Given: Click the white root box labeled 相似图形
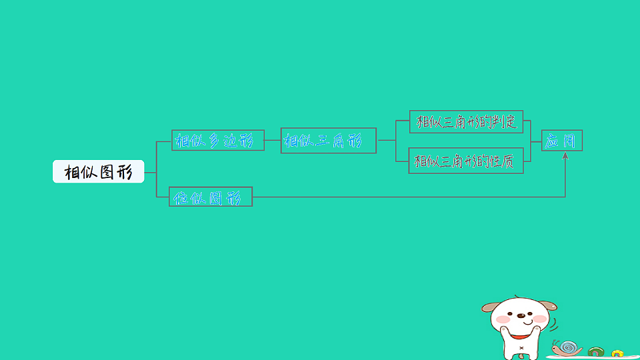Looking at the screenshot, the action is click(x=99, y=171).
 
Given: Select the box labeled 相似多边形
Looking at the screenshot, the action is click(x=218, y=141).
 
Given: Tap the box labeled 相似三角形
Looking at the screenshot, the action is click(x=329, y=141).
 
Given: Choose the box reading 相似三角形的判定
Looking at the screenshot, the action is click(x=466, y=121).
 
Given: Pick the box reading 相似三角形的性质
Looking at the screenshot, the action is click(x=466, y=161).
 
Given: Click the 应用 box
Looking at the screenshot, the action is click(x=562, y=141).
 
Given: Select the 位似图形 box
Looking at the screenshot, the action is click(x=211, y=197).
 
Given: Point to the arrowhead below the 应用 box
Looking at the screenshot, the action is click(x=565, y=155).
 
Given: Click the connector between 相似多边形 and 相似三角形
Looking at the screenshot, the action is click(x=273, y=140).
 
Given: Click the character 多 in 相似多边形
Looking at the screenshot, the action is click(x=215, y=141).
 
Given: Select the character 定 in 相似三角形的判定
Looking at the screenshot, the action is click(x=511, y=121).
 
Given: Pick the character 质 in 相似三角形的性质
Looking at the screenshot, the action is click(x=507, y=161).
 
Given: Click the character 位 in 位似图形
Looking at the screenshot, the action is click(x=181, y=197).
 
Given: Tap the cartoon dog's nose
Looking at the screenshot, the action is click(x=521, y=315).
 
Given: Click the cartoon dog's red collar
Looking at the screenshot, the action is click(x=521, y=337).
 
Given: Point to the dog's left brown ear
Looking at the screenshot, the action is click(x=490, y=307).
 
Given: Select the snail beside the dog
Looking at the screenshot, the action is click(x=567, y=348).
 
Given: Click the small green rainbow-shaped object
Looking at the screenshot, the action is click(x=596, y=351).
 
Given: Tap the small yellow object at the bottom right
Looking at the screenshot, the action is click(x=617, y=353).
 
